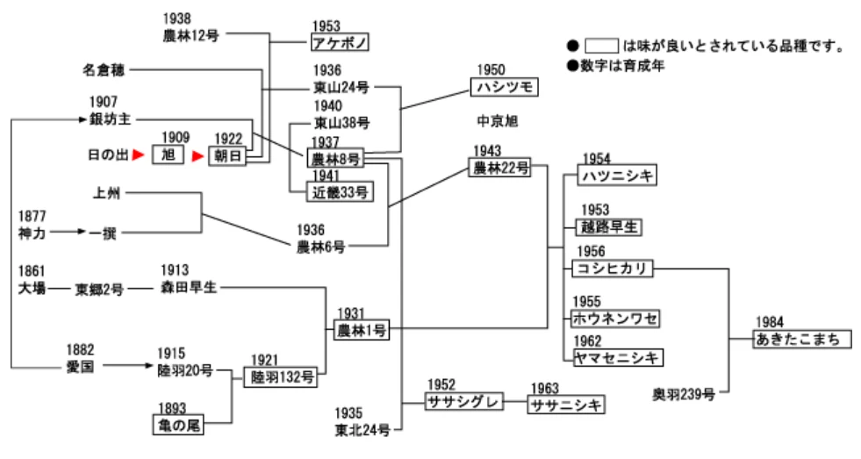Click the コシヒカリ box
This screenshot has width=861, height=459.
(x=612, y=269)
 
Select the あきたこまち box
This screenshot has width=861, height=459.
(x=803, y=339)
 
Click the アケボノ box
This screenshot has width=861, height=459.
(x=342, y=42)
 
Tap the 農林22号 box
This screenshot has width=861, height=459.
(x=500, y=168)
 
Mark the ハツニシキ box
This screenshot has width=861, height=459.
(x=618, y=176)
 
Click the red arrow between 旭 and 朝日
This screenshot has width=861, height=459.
(x=198, y=156)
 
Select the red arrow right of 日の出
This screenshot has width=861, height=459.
(x=137, y=156)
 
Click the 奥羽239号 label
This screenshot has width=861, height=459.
(x=683, y=393)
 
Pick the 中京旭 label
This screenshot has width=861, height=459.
(x=499, y=120)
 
